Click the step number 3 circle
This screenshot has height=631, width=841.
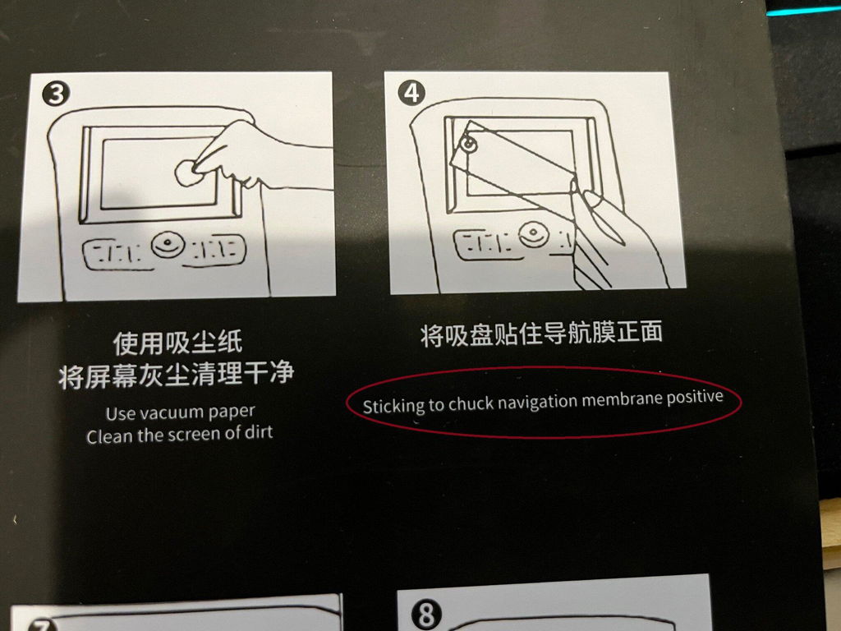coord(56,94)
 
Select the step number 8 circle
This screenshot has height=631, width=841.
coord(426,615)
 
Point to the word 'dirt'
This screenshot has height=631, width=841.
coord(259,432)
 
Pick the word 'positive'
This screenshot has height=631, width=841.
coord(695,398)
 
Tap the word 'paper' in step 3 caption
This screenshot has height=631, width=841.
coord(232,412)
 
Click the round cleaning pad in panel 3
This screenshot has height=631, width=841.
coord(186,173)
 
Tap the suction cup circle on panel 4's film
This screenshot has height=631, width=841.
coord(469,144)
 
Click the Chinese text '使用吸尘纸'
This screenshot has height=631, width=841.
coord(177,343)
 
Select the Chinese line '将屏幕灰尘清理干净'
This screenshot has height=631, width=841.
coord(177,375)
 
